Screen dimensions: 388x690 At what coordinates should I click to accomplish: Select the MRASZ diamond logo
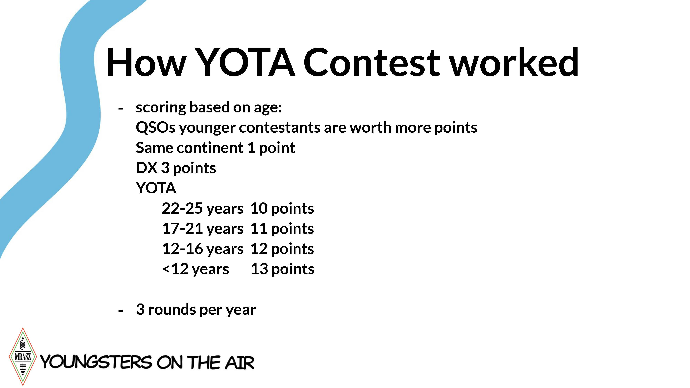(23, 356)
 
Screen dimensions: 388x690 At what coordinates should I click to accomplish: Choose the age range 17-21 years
(203, 229)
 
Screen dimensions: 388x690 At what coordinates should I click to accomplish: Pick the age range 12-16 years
(203, 249)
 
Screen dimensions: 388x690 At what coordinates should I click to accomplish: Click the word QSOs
(155, 127)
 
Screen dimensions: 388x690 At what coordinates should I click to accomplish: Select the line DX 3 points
(176, 168)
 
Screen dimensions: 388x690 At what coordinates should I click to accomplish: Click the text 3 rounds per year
(196, 310)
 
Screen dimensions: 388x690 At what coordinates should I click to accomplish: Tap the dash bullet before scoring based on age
(121, 108)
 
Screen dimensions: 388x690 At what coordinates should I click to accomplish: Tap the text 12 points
(282, 249)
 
